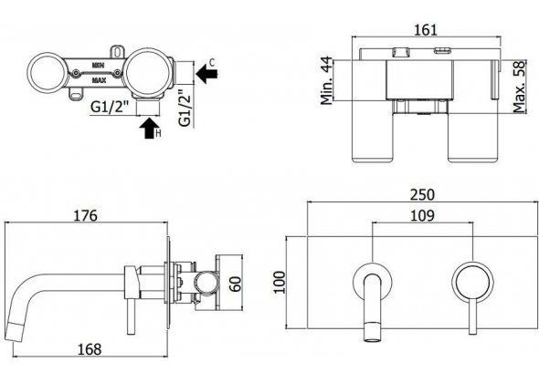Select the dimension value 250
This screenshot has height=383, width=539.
click(423, 195)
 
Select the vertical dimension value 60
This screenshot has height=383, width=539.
click(237, 284)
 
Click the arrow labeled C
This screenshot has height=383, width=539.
click(206, 78)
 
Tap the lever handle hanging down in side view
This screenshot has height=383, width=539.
click(132, 301)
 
